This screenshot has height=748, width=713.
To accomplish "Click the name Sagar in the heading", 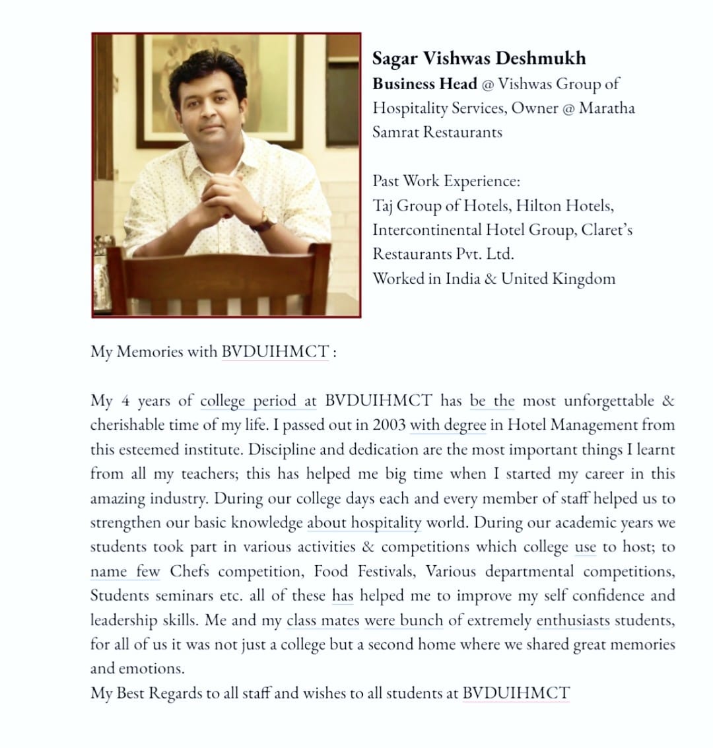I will click(x=395, y=59).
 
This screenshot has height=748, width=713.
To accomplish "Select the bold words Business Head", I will click(x=424, y=84).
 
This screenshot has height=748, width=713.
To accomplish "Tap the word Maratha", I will click(x=607, y=108).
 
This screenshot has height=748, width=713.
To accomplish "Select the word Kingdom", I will click(x=584, y=278).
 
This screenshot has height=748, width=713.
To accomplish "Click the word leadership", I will click(x=124, y=621).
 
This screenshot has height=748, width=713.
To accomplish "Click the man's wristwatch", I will click(x=265, y=219).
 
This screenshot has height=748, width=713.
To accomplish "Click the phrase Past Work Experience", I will click(x=446, y=181).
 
